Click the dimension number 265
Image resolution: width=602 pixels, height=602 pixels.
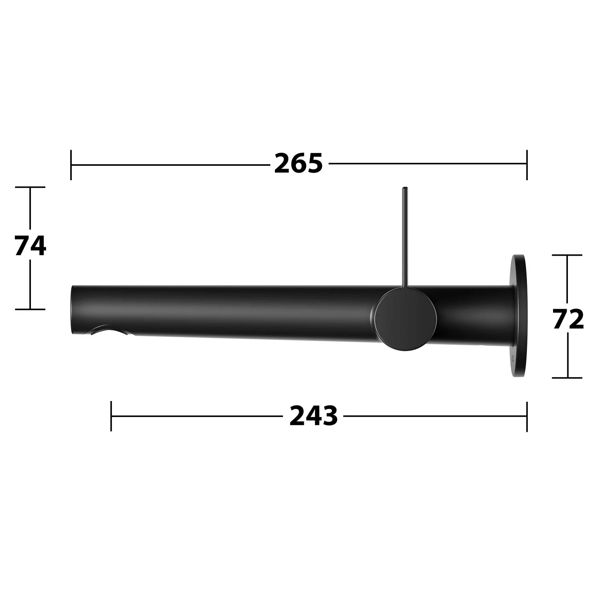click(x=298, y=163)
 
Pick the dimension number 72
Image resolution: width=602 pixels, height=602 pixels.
click(x=568, y=319)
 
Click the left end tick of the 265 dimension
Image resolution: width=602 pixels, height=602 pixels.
click(x=71, y=165)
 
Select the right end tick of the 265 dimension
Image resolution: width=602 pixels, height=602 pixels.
click(x=527, y=165)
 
